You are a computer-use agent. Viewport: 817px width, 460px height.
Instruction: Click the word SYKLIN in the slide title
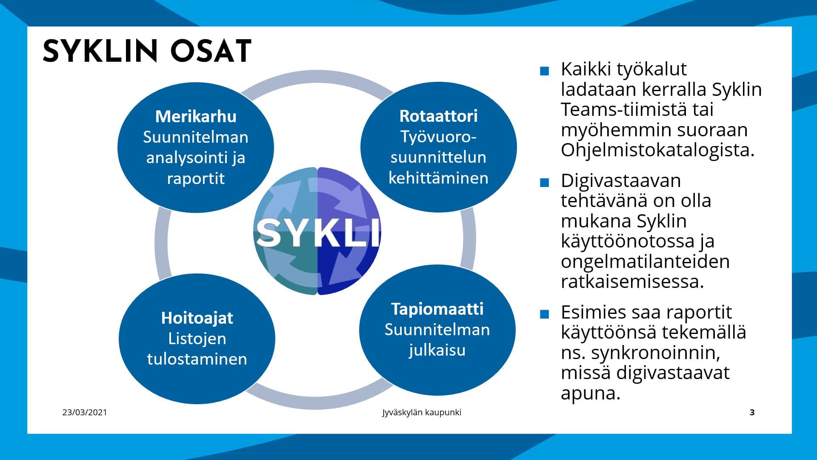100,52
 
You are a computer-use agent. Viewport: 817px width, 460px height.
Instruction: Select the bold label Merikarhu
196,116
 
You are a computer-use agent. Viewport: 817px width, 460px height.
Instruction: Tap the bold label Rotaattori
438,116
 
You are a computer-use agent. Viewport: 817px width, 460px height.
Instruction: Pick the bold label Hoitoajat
197,318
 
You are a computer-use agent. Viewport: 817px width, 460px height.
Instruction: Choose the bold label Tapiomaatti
437,309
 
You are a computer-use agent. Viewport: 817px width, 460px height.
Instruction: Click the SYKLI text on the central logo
317,233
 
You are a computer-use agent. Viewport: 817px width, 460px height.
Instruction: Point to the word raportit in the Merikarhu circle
196,178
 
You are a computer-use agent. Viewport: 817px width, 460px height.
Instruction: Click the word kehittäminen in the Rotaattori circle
438,178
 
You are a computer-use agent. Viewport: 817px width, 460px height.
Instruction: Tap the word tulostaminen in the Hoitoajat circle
197,359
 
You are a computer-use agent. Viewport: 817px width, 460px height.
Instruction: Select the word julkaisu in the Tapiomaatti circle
437,350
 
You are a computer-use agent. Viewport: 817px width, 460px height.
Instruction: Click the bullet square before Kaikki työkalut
544,71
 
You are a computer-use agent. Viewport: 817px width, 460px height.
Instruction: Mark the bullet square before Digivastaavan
544,183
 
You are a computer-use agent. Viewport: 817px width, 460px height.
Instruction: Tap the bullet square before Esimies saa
544,314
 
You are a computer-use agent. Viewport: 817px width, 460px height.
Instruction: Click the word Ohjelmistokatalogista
657,150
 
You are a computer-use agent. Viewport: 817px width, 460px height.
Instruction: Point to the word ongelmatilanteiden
645,261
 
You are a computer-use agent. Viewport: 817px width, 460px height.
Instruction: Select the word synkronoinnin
655,352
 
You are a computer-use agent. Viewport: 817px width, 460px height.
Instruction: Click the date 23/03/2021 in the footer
85,412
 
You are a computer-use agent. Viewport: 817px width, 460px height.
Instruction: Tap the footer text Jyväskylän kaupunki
421,412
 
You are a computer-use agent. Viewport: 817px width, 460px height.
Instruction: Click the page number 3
752,412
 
